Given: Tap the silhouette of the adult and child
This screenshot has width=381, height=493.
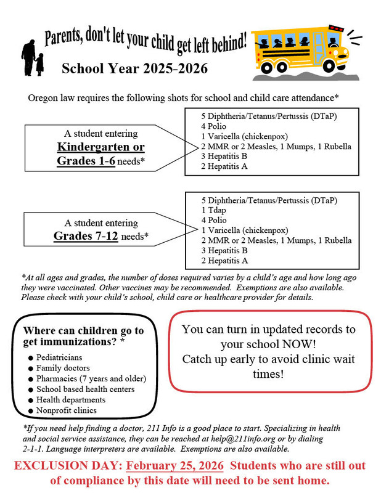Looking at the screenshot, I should coord(32,57).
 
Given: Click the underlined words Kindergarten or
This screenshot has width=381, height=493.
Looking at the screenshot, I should coord(100,147).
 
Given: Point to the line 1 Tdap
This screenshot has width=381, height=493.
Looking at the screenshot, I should coord(214,210).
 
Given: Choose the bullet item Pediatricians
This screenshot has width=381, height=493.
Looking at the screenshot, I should coord(59,357).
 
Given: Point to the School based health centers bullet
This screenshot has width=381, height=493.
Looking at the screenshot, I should coord(85,389).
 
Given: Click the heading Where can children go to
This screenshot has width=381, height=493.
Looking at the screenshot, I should coord(83,331).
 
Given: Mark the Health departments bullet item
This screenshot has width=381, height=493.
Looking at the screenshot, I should coord(70,400).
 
